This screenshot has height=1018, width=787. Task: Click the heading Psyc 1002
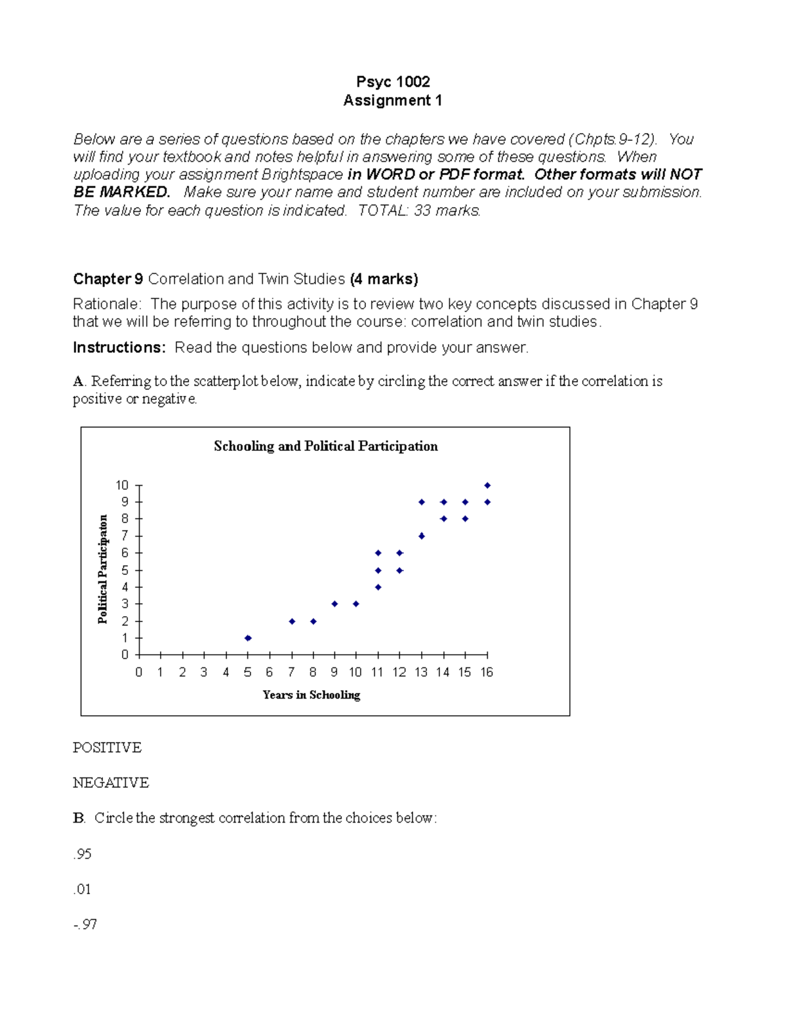pos(393,82)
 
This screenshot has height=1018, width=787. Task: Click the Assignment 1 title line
pos(393,100)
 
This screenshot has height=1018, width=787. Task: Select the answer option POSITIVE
pos(107,748)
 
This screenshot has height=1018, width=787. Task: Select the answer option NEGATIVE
pos(111,783)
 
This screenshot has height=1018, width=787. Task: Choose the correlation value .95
pos(83,854)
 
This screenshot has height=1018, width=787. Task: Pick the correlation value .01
pos(83,890)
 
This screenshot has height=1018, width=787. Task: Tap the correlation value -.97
pos(85,925)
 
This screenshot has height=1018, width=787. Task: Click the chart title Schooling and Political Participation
pos(325,446)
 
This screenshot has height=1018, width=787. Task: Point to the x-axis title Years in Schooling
pos(311,695)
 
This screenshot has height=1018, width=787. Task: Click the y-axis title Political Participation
pos(103,569)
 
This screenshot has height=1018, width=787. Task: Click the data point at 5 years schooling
pos(248,638)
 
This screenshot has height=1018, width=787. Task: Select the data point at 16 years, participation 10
pos(487,486)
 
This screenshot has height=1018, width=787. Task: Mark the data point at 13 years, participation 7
pos(422,536)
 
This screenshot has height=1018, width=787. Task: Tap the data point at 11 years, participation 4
pos(378,587)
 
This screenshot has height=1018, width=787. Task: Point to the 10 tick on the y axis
pos(122,486)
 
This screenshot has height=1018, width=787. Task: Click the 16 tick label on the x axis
pos(486,673)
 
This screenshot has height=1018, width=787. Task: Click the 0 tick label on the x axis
pos(138,673)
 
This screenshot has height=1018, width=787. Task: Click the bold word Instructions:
pos(119,348)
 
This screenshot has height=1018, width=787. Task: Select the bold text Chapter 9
pos(108,279)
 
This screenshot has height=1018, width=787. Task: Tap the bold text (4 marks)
pos(384,279)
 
